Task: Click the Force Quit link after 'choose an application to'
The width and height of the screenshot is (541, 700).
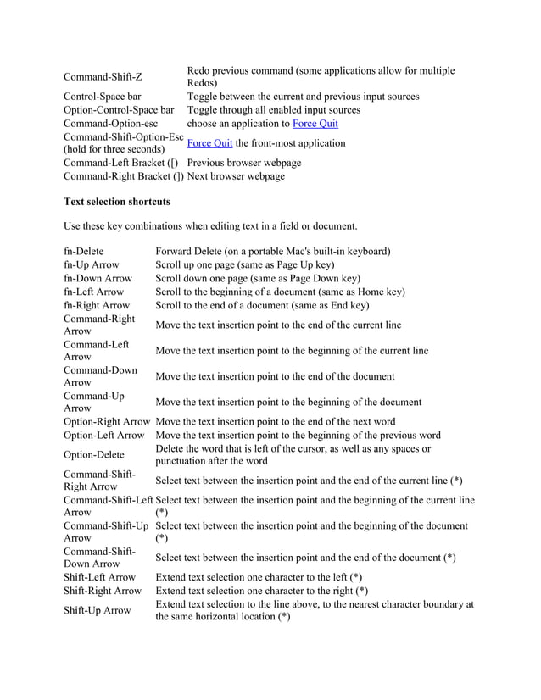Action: pyautogui.click(x=315, y=124)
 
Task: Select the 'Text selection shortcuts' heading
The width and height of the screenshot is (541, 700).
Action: pyautogui.click(x=117, y=202)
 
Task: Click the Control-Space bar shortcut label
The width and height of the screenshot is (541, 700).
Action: pyautogui.click(x=102, y=97)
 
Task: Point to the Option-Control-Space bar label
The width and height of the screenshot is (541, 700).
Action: pyautogui.click(x=119, y=110)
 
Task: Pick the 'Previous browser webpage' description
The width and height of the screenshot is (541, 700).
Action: pyautogui.click(x=244, y=163)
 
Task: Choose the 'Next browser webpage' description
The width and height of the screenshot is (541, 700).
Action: pyautogui.click(x=236, y=176)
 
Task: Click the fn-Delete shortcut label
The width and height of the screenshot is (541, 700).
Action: pyautogui.click(x=83, y=251)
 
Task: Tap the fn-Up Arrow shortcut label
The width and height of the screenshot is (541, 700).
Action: pyautogui.click(x=91, y=264)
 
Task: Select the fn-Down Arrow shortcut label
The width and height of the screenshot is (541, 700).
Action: pyautogui.click(x=98, y=278)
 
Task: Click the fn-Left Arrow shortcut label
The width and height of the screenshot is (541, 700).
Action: pyautogui.click(x=93, y=292)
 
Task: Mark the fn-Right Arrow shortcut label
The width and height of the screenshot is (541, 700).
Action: pyautogui.click(x=97, y=305)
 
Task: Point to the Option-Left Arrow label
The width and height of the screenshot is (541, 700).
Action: pyautogui.click(x=104, y=436)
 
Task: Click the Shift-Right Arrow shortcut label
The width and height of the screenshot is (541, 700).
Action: pyautogui.click(x=103, y=591)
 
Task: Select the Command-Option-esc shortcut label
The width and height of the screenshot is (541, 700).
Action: pyautogui.click(x=111, y=124)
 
